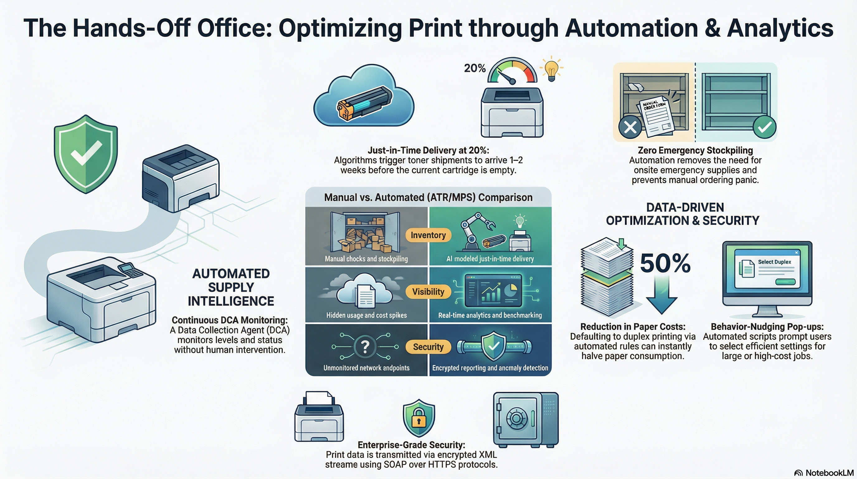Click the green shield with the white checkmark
(x=86, y=154)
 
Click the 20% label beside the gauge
(x=474, y=68)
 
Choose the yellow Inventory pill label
(x=428, y=235)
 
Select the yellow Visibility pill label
(x=428, y=292)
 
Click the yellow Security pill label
(x=428, y=347)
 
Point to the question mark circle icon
(x=365, y=347)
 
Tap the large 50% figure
(x=665, y=264)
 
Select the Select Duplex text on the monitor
(x=774, y=262)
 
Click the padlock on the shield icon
(x=419, y=420)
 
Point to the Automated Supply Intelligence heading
(x=230, y=287)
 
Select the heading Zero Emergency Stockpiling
(x=695, y=150)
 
